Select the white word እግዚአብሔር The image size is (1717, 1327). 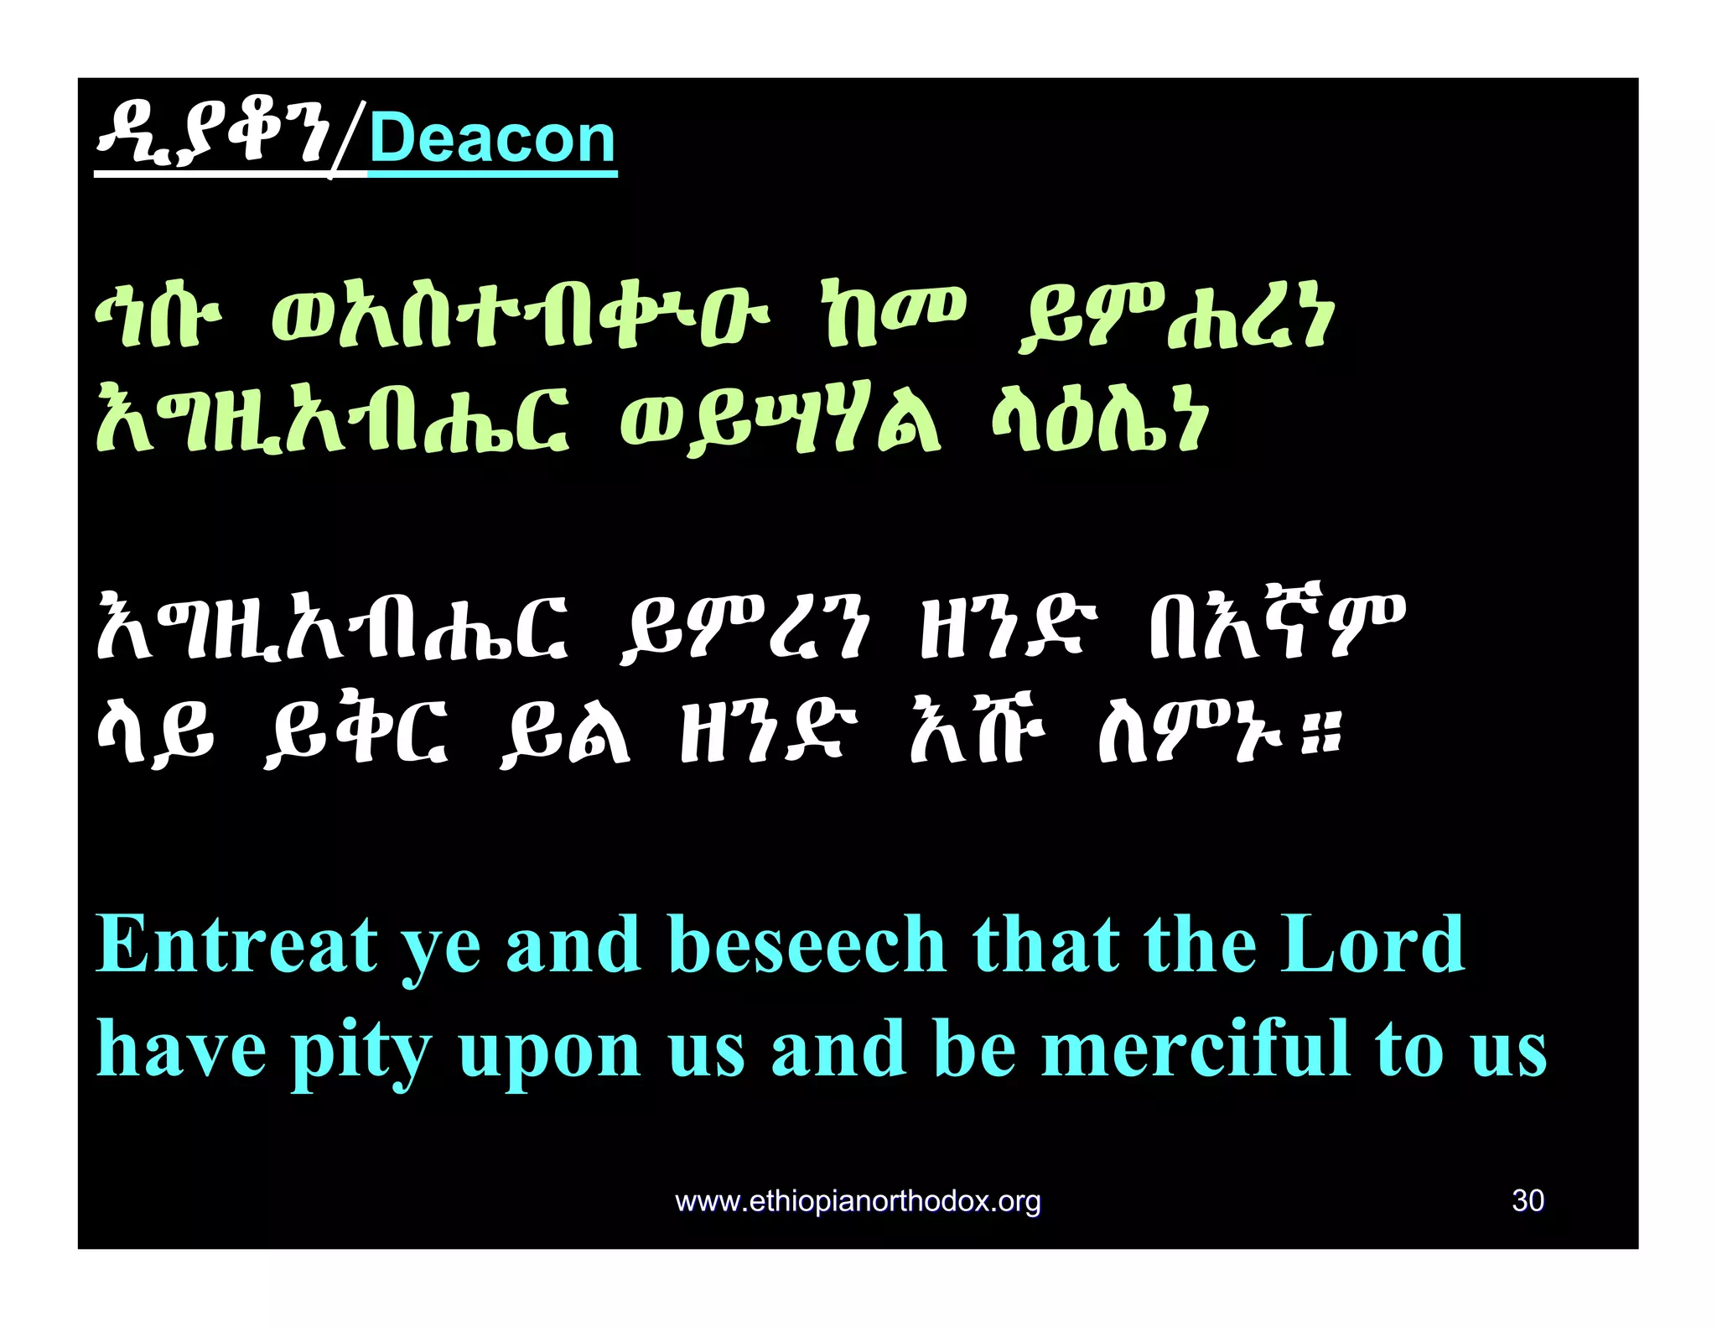point(332,629)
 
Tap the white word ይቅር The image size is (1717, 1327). point(355,735)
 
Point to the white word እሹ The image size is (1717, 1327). point(978,735)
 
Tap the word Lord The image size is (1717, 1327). point(1372,945)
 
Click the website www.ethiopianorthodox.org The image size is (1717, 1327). point(858,1201)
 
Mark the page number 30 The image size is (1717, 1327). point(1528,1200)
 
